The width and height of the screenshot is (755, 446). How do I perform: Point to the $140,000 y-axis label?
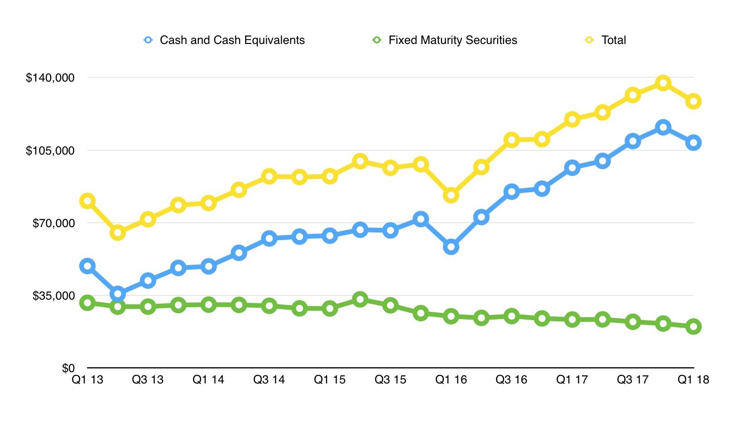coord(50,78)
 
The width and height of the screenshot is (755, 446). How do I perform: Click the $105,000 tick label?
coord(50,150)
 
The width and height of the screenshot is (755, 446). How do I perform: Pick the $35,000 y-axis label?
coord(53,296)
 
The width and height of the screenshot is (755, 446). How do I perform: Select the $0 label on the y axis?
coord(68,368)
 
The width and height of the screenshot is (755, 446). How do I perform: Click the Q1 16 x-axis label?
coord(451,380)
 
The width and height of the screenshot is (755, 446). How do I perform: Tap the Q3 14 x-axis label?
coord(269,380)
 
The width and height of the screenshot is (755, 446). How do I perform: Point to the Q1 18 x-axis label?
coord(693,380)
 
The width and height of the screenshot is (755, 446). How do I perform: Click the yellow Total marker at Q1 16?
coord(451,195)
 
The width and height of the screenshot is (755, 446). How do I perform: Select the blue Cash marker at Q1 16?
coord(451,247)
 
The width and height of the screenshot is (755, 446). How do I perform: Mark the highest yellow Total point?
coord(663,83)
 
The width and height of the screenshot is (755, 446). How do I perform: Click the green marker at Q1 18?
coord(693,326)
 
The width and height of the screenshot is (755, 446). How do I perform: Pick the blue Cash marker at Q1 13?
coord(87,266)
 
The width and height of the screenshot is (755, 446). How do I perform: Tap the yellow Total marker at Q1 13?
coord(87,201)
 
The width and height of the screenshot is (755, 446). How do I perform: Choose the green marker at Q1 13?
coord(87,303)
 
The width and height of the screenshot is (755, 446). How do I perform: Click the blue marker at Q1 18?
coord(693,143)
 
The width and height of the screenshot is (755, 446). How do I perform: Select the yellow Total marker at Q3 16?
coord(511,140)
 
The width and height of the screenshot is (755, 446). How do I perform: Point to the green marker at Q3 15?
coord(390,305)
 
